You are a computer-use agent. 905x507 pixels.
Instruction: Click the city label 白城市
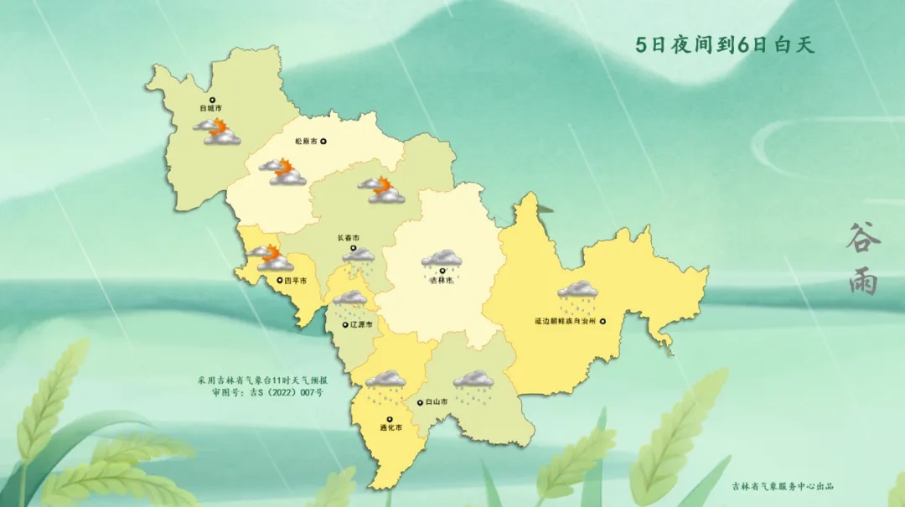(210, 109)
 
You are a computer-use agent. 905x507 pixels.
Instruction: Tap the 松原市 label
(306, 142)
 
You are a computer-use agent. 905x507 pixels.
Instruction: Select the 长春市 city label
(348, 238)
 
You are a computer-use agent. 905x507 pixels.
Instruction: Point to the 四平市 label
(295, 280)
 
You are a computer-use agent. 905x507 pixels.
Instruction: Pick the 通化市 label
(390, 428)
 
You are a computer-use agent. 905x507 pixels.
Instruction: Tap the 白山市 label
(436, 402)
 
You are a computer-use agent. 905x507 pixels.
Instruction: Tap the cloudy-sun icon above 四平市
(269, 257)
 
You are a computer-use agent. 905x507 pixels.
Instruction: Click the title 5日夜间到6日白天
(724, 45)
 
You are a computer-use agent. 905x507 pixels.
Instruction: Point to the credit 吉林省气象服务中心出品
(782, 486)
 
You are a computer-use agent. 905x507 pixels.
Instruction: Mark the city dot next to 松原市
(324, 142)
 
